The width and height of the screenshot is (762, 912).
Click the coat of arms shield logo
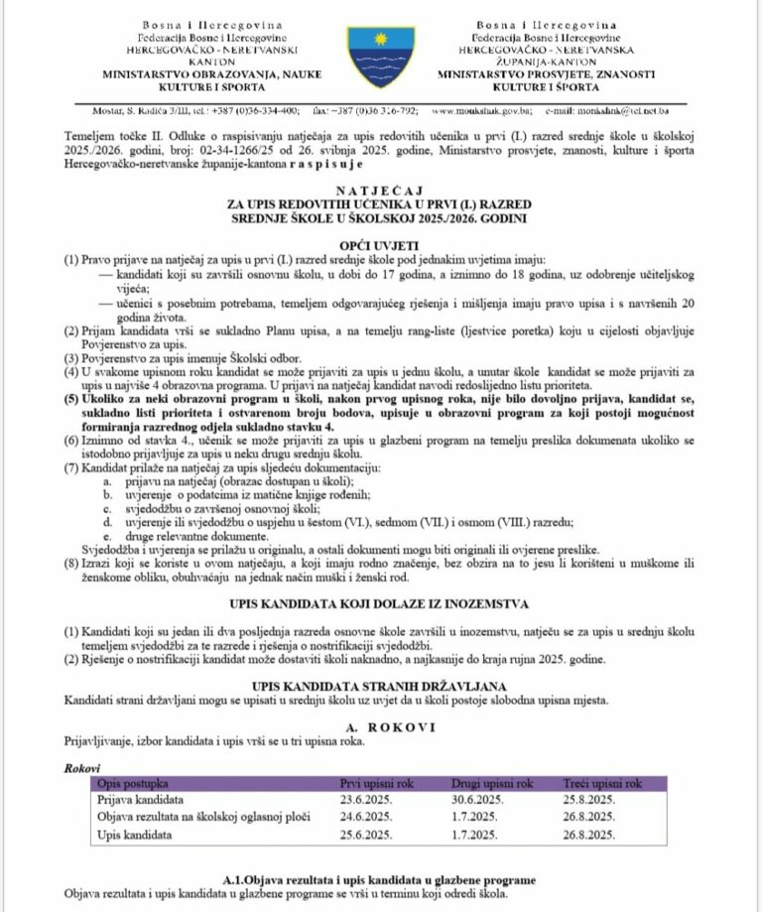pyautogui.click(x=380, y=57)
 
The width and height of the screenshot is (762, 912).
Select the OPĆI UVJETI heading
pyautogui.click(x=380, y=243)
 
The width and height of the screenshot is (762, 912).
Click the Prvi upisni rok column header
pyautogui.click(x=377, y=782)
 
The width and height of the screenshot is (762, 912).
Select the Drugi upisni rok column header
pyautogui.click(x=492, y=782)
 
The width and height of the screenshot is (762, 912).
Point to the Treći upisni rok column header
pyautogui.click(x=602, y=782)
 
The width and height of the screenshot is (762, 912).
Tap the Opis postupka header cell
pyautogui.click(x=135, y=782)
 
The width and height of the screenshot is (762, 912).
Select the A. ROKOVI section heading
pyautogui.click(x=380, y=725)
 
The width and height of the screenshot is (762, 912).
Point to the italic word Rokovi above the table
pyautogui.click(x=82, y=766)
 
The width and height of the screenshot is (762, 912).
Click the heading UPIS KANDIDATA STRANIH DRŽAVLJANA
pyautogui.click(x=380, y=685)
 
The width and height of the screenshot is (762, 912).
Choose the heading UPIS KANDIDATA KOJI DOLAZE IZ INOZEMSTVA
pyautogui.click(x=380, y=603)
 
